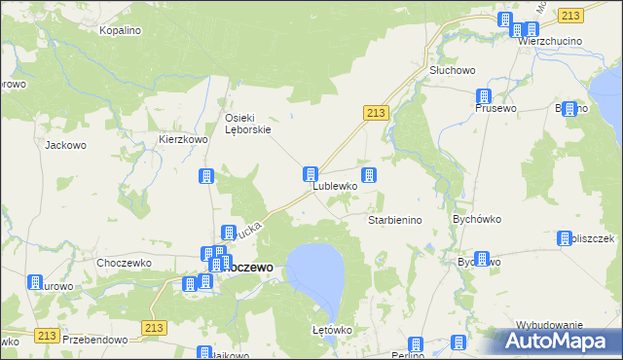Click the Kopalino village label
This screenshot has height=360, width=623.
pyautogui.click(x=121, y=31)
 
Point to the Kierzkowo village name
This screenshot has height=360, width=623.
pyautogui.click(x=184, y=140)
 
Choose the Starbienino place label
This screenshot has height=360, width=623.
pyautogui.click(x=395, y=221)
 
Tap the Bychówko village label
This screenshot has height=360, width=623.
pyautogui.click(x=476, y=220)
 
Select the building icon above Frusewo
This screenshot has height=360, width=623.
pyautogui.click(x=483, y=95)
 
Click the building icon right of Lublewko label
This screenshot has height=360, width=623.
pyautogui.click(x=369, y=175)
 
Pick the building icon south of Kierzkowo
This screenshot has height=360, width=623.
pyautogui.click(x=206, y=176)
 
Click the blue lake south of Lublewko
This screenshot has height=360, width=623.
pyautogui.click(x=315, y=272)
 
